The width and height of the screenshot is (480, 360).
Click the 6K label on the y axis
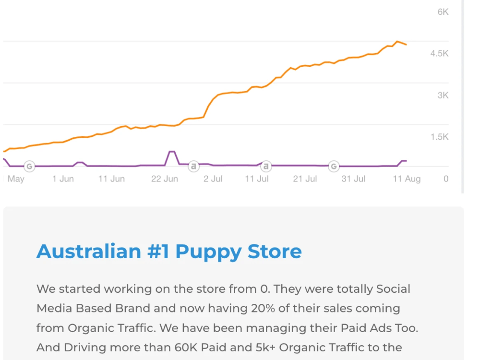click(443, 12)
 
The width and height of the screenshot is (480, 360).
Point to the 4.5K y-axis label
click(439, 54)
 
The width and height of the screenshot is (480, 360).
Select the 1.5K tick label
click(439, 137)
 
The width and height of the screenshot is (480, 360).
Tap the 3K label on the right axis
click(443, 95)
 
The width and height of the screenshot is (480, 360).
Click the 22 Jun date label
click(164, 179)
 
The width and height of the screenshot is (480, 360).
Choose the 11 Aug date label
click(407, 179)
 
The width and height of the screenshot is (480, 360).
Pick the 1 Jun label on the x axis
click(63, 179)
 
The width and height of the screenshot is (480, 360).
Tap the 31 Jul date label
click(353, 179)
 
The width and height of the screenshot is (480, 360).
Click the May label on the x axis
click(16, 179)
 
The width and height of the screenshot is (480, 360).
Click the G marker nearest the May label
click(29, 166)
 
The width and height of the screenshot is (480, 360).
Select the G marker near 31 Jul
click(334, 166)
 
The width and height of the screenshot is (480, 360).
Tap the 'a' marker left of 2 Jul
click(193, 166)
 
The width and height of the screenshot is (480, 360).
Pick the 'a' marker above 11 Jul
click(266, 166)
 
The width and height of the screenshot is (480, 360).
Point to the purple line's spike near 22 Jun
click(172, 152)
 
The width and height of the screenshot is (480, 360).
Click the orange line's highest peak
click(397, 41)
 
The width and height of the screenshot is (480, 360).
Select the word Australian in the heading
click(89, 252)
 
